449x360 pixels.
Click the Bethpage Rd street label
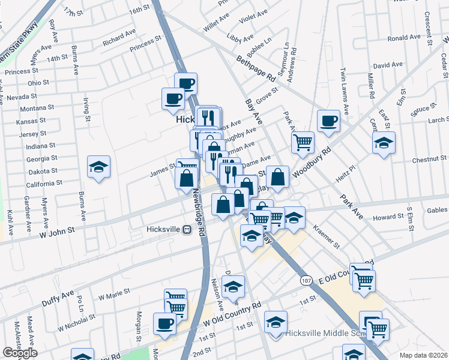pyautogui.click(x=255, y=68)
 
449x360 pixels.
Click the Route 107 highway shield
pyautogui.click(x=306, y=280)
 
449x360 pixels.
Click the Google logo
pyautogui.click(x=20, y=353)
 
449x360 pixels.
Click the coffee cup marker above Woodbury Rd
pyautogui.click(x=328, y=120)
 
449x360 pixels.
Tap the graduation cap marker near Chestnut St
pyautogui.click(x=384, y=142)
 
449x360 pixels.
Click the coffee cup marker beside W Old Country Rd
pyautogui.click(x=164, y=323)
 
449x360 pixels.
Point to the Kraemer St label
pyautogui.click(x=327, y=238)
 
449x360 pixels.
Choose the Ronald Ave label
pyautogui.click(x=404, y=38)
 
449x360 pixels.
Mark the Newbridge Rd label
pyautogui.click(x=199, y=210)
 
